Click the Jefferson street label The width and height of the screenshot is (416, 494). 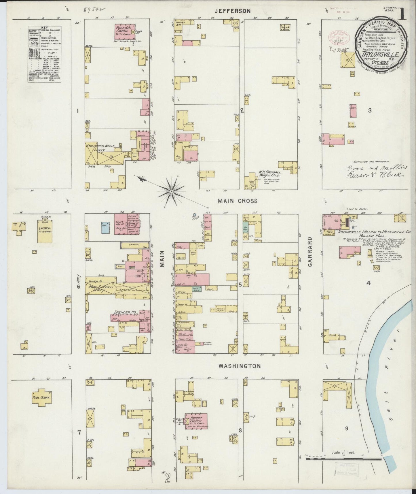tap(233, 11)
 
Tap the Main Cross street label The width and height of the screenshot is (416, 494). tap(233, 201)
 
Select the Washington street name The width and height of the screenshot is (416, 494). tap(240, 366)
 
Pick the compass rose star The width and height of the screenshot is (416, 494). tap(171, 191)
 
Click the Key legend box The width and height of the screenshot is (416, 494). tap(45, 54)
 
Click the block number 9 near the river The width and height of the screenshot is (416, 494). tap(347, 428)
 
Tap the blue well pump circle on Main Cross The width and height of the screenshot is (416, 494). tap(194, 214)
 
